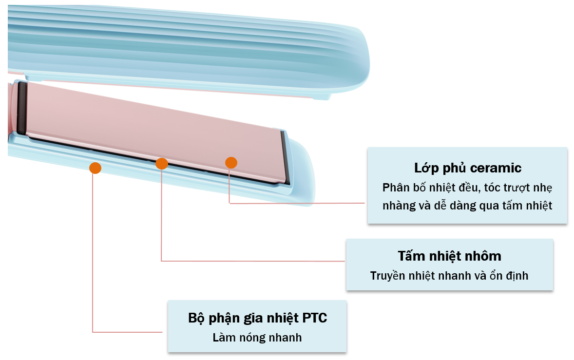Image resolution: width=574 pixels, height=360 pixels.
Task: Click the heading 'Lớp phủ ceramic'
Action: point(467,168)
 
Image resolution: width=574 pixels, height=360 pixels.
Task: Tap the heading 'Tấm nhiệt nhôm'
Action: point(450,256)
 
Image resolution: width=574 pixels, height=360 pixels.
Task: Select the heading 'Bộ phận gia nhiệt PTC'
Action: point(257,318)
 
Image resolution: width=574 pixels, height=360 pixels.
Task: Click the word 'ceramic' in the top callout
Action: point(496,168)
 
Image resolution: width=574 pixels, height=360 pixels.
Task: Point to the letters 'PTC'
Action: point(315,318)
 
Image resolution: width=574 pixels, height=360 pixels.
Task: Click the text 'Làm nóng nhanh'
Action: point(257,337)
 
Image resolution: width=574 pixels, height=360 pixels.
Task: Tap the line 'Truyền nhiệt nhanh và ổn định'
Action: point(449,276)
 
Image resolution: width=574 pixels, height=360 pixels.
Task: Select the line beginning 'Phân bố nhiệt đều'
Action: point(467,188)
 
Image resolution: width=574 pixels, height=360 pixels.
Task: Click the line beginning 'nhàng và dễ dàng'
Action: point(467,206)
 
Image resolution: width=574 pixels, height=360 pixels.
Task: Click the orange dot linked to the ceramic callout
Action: point(231,163)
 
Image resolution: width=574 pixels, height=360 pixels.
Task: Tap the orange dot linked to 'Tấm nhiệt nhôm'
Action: point(161,164)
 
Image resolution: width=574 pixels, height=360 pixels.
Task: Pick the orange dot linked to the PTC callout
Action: point(95,168)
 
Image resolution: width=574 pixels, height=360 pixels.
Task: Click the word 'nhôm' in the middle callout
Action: point(482,256)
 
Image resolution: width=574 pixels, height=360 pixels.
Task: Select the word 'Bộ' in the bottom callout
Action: point(196,318)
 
